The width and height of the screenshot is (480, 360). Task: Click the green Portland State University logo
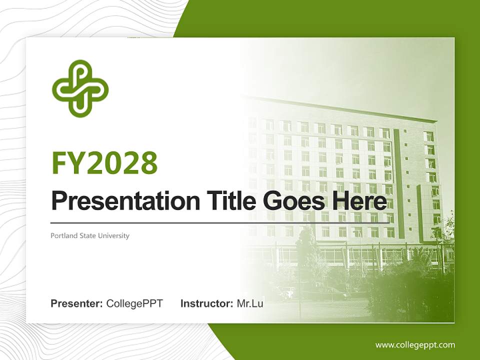click(x=80, y=88)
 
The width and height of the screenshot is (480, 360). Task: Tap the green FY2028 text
click(x=104, y=163)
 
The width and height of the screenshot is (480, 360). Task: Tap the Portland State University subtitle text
click(x=90, y=235)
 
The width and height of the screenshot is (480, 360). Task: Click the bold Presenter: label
click(x=77, y=303)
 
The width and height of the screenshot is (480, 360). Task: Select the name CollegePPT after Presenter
click(x=134, y=303)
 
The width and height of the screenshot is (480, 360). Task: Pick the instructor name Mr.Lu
click(x=250, y=303)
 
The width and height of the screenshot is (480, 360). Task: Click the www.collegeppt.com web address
click(x=415, y=344)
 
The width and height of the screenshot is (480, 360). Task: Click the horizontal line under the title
click(x=220, y=222)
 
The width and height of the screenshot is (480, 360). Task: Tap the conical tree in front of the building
click(x=306, y=250)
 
